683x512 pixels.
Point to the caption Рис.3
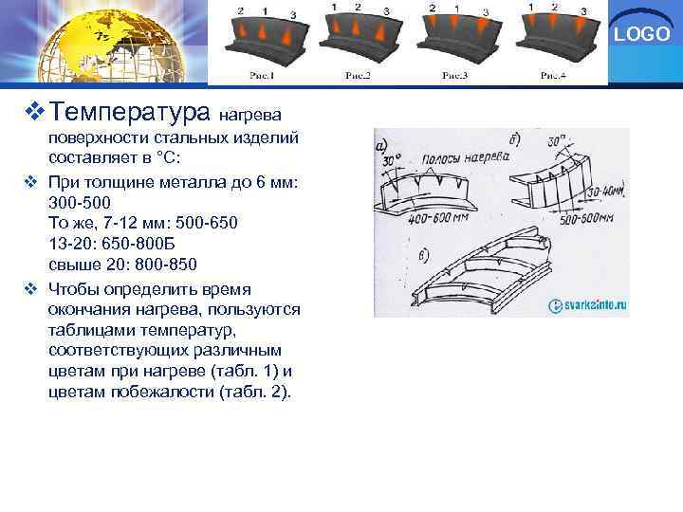click(x=455, y=75)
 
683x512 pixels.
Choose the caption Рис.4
click(x=552, y=75)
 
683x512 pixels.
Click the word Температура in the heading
click(x=130, y=114)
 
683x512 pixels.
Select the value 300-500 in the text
click(x=79, y=203)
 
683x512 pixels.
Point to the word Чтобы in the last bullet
click(x=74, y=288)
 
